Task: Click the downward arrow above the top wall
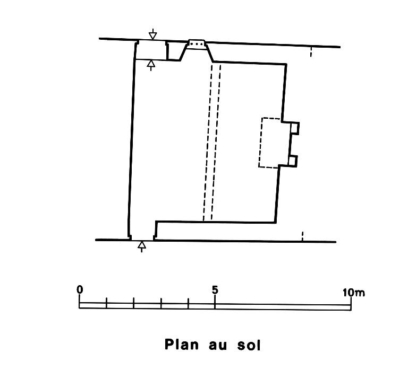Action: [153, 34]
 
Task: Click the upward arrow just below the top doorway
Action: [151, 65]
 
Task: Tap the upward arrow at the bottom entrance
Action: [141, 246]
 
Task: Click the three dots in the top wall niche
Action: [197, 43]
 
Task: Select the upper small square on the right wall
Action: [295, 128]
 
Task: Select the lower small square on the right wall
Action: [293, 160]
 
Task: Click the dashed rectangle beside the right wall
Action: [270, 142]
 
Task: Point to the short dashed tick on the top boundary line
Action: [311, 52]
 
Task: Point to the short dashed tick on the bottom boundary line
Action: [302, 236]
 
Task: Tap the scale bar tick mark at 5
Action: [215, 302]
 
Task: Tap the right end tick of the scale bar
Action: [351, 302]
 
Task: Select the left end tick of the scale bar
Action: [80, 302]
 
